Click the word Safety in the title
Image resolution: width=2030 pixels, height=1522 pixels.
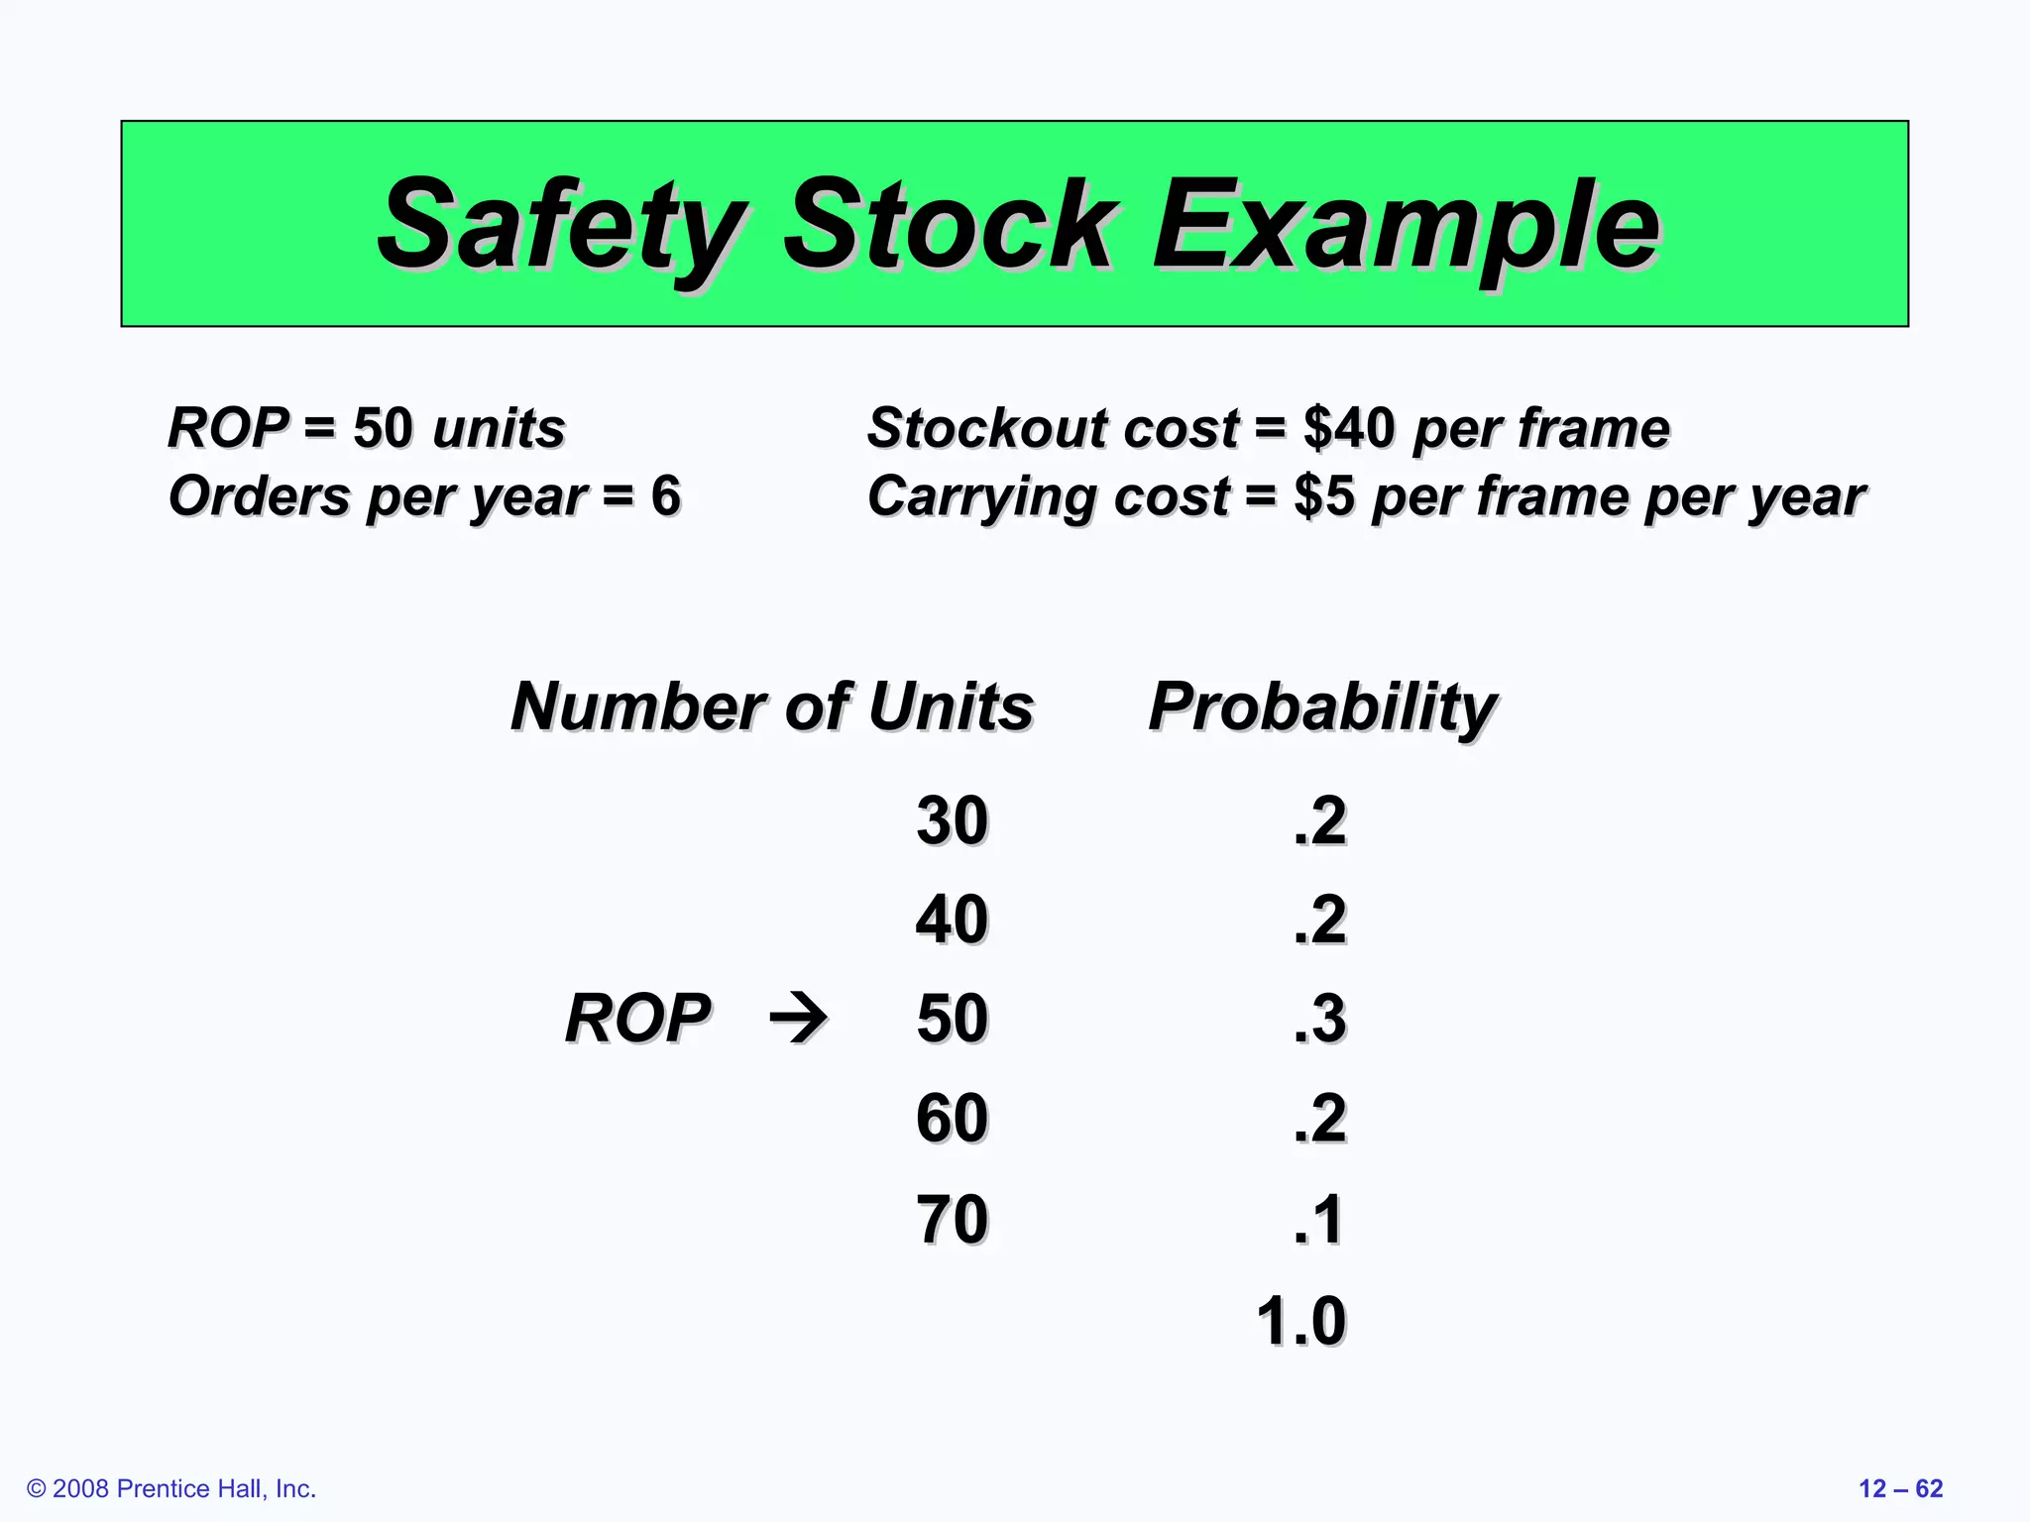pos(560,226)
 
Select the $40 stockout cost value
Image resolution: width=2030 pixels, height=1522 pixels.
pos(1349,428)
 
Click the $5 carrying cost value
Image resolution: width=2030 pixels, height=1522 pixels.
pos(1323,495)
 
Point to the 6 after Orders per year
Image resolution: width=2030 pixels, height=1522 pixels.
pos(665,495)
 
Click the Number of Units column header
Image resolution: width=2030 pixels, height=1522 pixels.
pos(772,707)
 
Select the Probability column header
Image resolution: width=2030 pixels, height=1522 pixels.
pos(1321,707)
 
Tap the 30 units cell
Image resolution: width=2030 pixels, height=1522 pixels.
pos(952,820)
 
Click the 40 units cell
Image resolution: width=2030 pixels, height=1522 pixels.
pos(952,920)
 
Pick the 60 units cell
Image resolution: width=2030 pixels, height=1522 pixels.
pos(952,1119)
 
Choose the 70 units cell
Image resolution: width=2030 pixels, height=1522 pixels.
pos(952,1219)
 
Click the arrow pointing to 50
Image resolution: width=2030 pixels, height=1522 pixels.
pos(799,1018)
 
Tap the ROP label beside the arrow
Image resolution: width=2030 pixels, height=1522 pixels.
pos(637,1018)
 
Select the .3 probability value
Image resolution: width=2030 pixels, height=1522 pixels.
pos(1320,1019)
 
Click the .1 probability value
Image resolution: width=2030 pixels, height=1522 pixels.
pos(1318,1219)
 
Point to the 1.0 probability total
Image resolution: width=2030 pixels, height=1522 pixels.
pos(1300,1321)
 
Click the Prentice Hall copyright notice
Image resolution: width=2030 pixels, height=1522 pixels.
pos(171,1488)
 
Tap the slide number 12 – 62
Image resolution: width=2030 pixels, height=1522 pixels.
pos(1900,1488)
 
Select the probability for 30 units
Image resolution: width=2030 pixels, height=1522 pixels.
pos(1320,820)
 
